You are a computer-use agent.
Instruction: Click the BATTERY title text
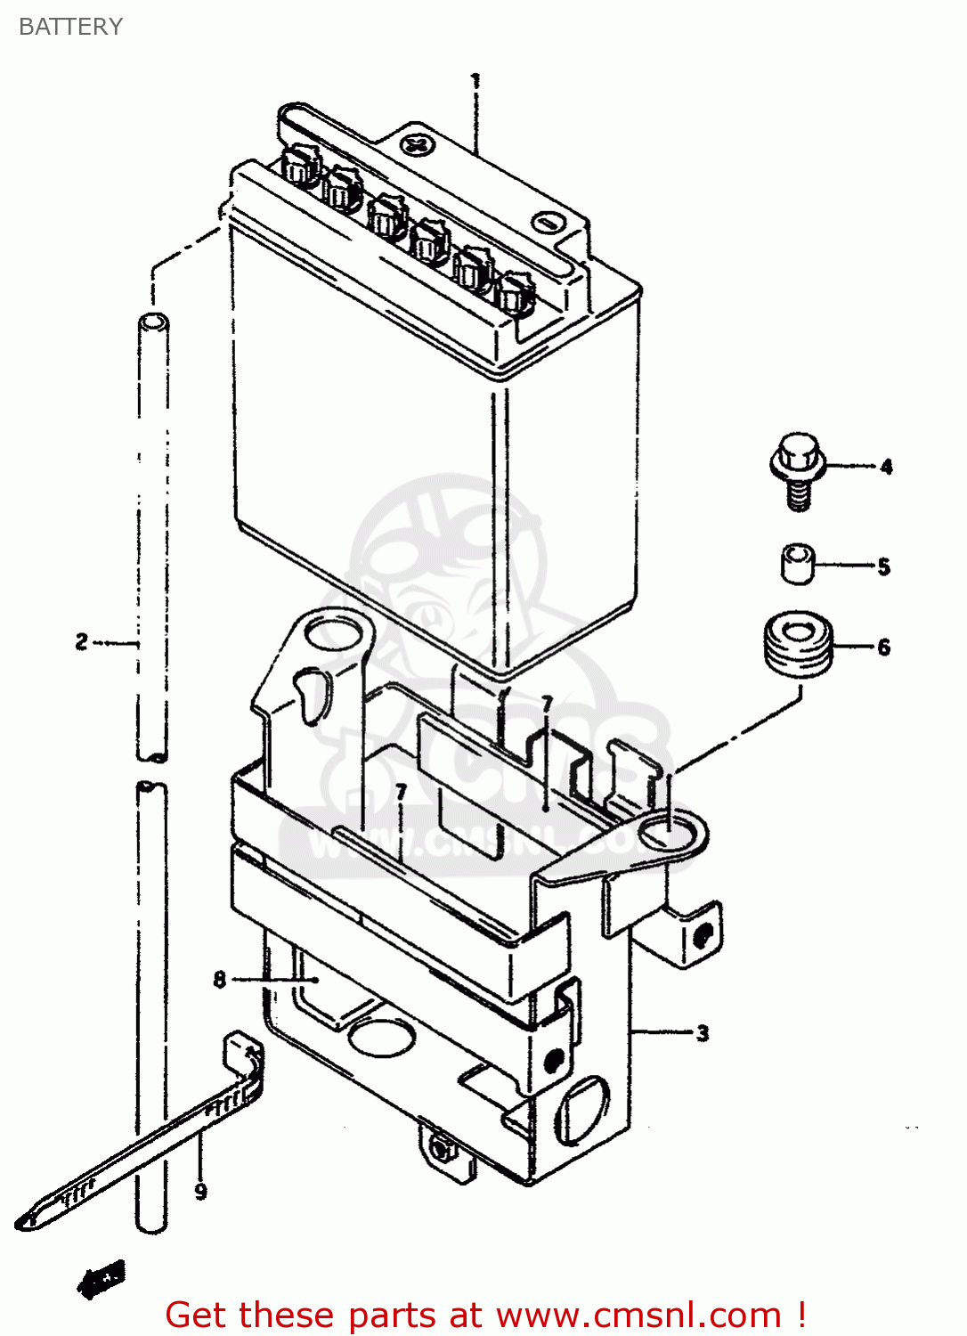pos(70,27)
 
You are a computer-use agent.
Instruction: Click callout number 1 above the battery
pos(475,81)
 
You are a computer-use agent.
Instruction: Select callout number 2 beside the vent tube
pos(82,641)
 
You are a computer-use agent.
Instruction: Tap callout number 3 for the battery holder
pos(703,1033)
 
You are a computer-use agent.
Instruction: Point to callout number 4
pos(886,467)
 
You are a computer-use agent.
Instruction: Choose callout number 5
pos(883,567)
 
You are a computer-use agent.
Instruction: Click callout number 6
pos(883,648)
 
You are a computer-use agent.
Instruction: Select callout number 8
pos(220,980)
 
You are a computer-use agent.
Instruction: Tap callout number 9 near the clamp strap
pos(200,1191)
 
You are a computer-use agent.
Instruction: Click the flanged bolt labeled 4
pos(797,468)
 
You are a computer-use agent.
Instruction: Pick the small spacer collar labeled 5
pos(798,565)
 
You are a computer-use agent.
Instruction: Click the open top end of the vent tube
pos(153,322)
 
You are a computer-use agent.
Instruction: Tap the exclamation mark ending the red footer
pos(801,1315)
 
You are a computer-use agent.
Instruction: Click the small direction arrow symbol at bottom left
pos(102,1280)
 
